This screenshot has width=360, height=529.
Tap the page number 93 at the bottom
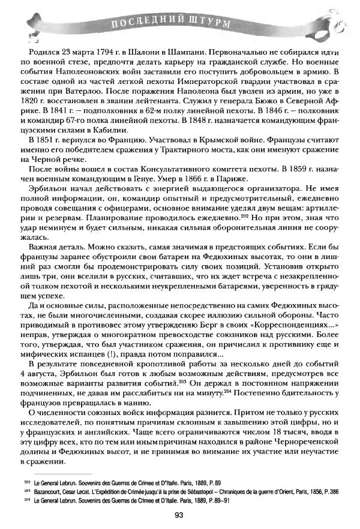(x=178, y=515)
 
